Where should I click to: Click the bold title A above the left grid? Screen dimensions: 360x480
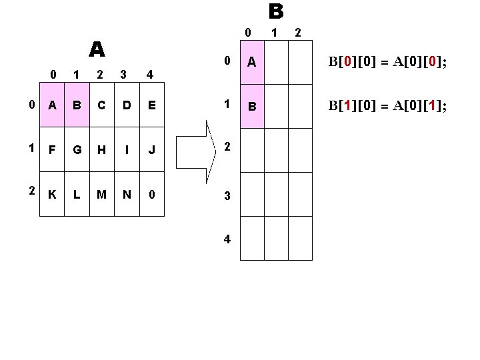[97, 49]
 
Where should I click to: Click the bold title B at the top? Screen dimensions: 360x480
[276, 11]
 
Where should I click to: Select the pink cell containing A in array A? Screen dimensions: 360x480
[51, 105]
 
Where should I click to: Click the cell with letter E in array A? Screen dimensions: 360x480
[152, 105]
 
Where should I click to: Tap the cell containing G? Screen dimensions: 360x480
[77, 149]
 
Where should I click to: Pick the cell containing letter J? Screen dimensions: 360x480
[152, 149]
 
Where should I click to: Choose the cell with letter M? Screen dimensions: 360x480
[102, 195]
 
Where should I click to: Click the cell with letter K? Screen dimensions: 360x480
[51, 195]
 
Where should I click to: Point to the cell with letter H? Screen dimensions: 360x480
[102, 149]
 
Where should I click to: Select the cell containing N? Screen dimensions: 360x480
[127, 195]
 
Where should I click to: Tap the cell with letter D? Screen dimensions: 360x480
[127, 105]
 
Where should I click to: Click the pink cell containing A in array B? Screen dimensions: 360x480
[252, 62]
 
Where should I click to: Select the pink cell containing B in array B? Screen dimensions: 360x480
[252, 106]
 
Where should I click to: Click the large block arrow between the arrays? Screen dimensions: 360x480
[212, 149]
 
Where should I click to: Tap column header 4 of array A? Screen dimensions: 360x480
[151, 74]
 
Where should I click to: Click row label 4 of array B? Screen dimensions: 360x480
[227, 239]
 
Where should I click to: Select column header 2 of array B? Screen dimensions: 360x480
[297, 32]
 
